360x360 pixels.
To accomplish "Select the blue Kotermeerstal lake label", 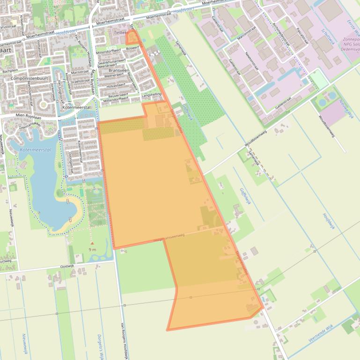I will [36, 150].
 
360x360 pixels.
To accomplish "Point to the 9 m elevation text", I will [92, 250].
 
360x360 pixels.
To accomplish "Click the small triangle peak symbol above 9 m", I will [92, 243].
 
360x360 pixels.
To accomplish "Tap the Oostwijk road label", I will [67, 266].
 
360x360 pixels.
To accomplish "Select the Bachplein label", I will [10, 71].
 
